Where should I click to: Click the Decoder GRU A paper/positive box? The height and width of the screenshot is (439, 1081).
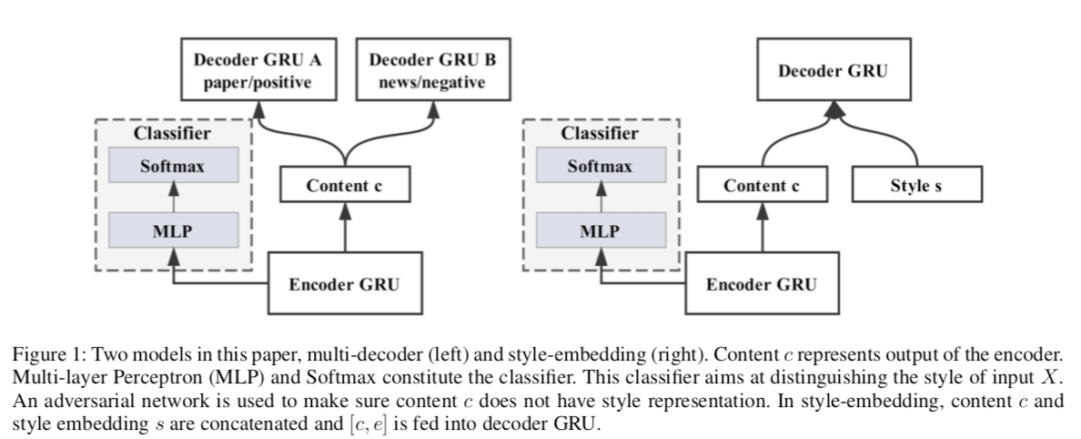tap(258, 70)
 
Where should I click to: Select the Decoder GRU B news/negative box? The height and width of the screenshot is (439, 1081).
tap(433, 70)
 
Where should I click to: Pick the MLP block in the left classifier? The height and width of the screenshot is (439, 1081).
tap(173, 230)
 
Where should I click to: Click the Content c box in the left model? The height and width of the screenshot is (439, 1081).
tap(345, 184)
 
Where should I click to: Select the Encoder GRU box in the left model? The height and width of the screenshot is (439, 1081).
tap(345, 283)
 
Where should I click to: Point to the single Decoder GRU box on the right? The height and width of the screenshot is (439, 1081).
tap(833, 70)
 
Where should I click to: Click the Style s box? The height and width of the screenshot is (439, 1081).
tap(917, 184)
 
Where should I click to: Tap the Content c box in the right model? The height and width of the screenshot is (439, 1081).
tap(762, 184)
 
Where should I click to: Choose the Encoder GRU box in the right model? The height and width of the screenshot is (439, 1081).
tap(762, 283)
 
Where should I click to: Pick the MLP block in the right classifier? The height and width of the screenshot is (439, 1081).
tap(601, 230)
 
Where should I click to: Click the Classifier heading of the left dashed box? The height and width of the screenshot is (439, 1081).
tap(172, 133)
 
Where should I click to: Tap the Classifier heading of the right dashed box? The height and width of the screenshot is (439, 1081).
tap(600, 133)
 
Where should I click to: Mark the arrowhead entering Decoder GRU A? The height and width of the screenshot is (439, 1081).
tap(258, 109)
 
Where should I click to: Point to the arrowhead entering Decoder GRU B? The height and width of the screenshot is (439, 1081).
tap(433, 109)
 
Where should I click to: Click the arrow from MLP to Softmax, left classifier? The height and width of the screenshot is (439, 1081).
tap(174, 198)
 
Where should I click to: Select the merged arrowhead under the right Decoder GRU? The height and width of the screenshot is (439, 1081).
tap(834, 110)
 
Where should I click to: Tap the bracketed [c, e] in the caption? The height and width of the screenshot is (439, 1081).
tap(368, 423)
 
